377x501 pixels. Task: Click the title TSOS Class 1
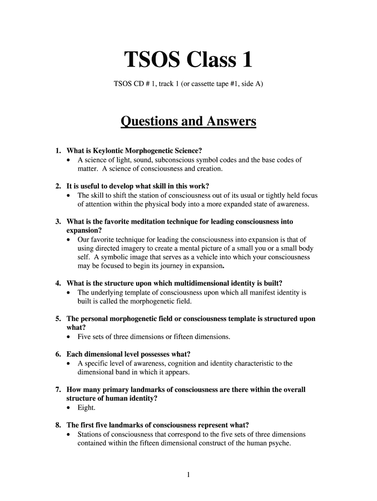point(188,60)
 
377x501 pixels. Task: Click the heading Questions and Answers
point(188,121)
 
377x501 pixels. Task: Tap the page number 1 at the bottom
point(188,474)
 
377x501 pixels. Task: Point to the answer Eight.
point(87,407)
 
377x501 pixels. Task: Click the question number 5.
point(57,319)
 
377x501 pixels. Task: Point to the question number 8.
point(57,425)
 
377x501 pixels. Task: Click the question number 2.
point(57,186)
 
